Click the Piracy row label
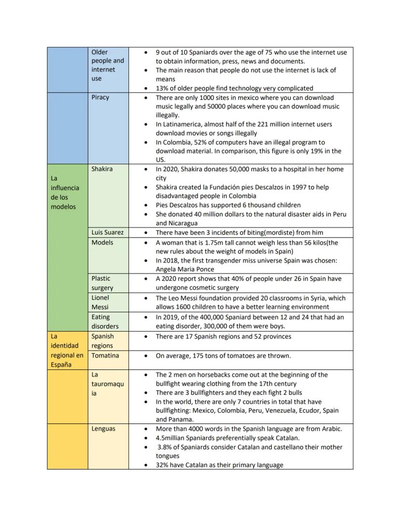pyautogui.click(x=100, y=98)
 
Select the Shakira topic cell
pyautogui.click(x=102, y=169)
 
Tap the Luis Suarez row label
pyautogui.click(x=108, y=233)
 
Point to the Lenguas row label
pyautogui.click(x=103, y=429)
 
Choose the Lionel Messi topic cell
pyautogui.click(x=100, y=302)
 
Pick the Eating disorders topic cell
pyautogui.click(x=105, y=321)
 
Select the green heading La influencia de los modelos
pyautogui.click(x=65, y=192)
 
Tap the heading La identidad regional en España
pyautogui.click(x=67, y=350)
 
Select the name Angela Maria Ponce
pyautogui.click(x=185, y=269)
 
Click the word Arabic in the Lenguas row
pyautogui.click(x=329, y=429)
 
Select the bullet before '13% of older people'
pyautogui.click(x=146, y=88)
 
